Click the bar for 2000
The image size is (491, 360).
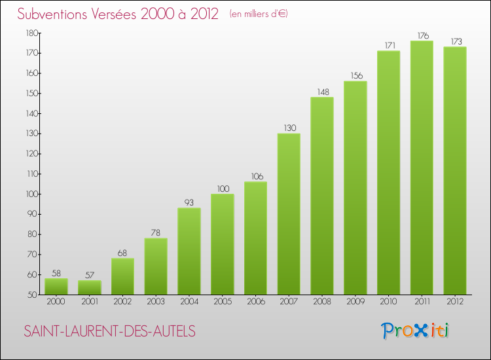56,287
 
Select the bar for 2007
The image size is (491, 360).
289,214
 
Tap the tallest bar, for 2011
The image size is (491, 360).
422,168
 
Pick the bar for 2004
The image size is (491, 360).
189,251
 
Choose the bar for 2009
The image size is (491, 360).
355,188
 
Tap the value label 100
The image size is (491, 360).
223,189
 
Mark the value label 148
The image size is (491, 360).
322,92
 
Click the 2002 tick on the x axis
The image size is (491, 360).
122,302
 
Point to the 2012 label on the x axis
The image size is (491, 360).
455,302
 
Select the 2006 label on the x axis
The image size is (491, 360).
255,302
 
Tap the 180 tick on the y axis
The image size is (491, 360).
31,33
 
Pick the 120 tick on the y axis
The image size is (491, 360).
31,154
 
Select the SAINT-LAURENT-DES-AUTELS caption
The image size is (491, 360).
109,331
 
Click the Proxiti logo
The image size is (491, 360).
416,331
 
